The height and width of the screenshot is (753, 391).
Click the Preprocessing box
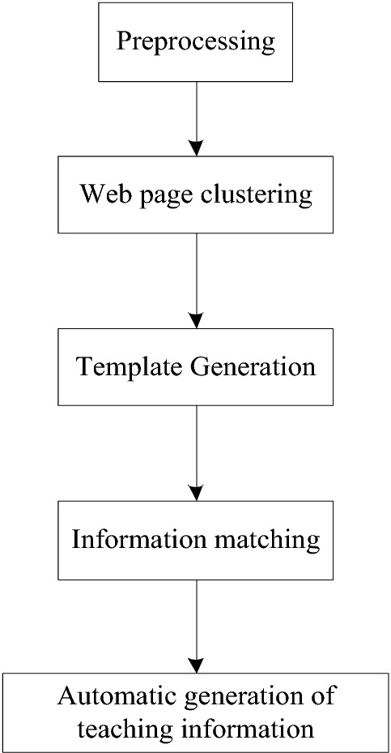pyautogui.click(x=195, y=42)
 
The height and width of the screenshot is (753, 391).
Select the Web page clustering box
pyautogui.click(x=195, y=195)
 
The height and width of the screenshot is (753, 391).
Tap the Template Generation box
pyautogui.click(x=195, y=366)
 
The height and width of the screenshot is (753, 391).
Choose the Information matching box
pyautogui.click(x=195, y=538)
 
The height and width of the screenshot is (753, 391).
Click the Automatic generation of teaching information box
pyautogui.click(x=195, y=712)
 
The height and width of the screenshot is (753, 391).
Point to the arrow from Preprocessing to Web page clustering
pyautogui.click(x=195, y=118)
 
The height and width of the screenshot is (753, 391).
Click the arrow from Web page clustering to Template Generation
pyautogui.click(x=195, y=280)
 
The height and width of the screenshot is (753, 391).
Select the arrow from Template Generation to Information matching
pyautogui.click(x=195, y=452)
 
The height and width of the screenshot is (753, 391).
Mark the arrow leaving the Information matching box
pyautogui.click(x=195, y=624)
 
